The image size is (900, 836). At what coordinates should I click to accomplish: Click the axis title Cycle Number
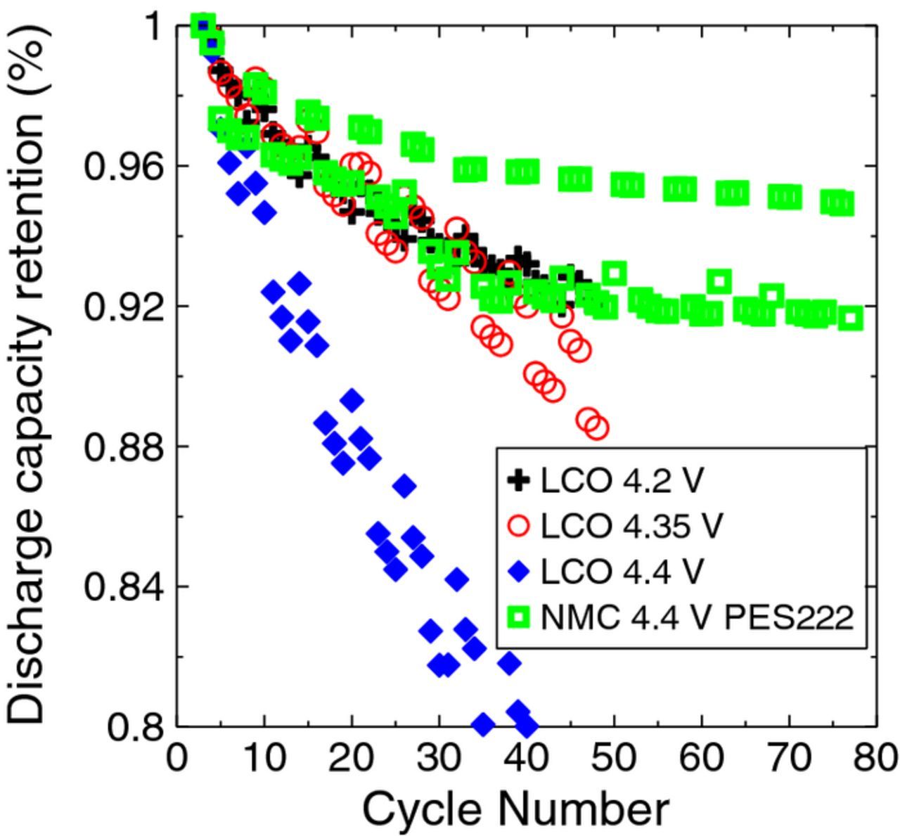pyautogui.click(x=515, y=809)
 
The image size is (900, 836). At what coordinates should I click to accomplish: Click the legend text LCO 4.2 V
pyautogui.click(x=622, y=481)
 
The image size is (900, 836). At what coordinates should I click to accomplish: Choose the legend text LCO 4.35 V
pyautogui.click(x=631, y=526)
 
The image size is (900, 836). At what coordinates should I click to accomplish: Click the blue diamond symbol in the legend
pyautogui.click(x=519, y=572)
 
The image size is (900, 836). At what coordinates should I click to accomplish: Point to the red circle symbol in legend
pyautogui.click(x=519, y=526)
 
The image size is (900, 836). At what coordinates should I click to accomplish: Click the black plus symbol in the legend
pyautogui.click(x=519, y=481)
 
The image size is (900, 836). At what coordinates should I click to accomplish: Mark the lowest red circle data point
pyautogui.click(x=597, y=427)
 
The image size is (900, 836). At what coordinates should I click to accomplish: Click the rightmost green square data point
pyautogui.click(x=851, y=319)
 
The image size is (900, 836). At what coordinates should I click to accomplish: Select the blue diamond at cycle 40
pyautogui.click(x=527, y=725)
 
